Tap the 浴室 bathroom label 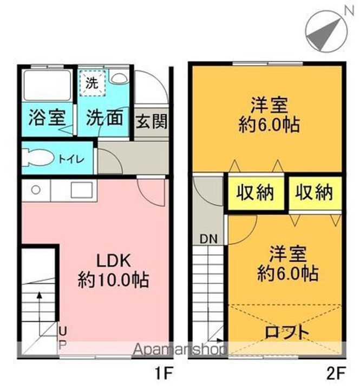point(47,118)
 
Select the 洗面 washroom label point(104,118)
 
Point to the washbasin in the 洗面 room point(117,78)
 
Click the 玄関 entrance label point(151,121)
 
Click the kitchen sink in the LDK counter point(81,191)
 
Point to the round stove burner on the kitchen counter point(35,190)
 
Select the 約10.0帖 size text point(114,280)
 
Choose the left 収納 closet point(254,193)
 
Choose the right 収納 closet point(314,193)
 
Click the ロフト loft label point(287,331)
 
